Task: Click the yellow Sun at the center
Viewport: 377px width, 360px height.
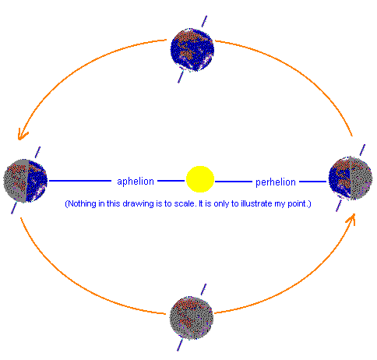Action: point(200,179)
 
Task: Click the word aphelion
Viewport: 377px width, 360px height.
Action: point(136,182)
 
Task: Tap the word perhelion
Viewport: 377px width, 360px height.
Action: point(276,182)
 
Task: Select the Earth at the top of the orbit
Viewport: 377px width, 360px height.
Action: point(192,50)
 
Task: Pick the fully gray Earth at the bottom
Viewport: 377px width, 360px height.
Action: point(192,318)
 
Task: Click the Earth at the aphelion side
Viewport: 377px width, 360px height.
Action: point(26,181)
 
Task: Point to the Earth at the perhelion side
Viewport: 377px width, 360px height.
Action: point(351,178)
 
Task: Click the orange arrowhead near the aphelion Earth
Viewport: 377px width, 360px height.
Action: point(23,135)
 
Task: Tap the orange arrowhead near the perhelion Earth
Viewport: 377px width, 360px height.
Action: point(351,219)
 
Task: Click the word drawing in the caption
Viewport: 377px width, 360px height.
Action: point(139,204)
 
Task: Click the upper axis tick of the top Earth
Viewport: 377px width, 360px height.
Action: point(204,21)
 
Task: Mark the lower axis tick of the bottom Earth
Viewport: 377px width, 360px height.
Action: point(180,345)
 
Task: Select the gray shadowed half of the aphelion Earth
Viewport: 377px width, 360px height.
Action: point(16,181)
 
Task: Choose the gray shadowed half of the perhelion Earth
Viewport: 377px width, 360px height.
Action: point(361,178)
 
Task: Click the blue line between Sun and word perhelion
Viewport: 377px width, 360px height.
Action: point(234,182)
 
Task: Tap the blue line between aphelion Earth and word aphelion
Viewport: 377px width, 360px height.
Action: point(80,181)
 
